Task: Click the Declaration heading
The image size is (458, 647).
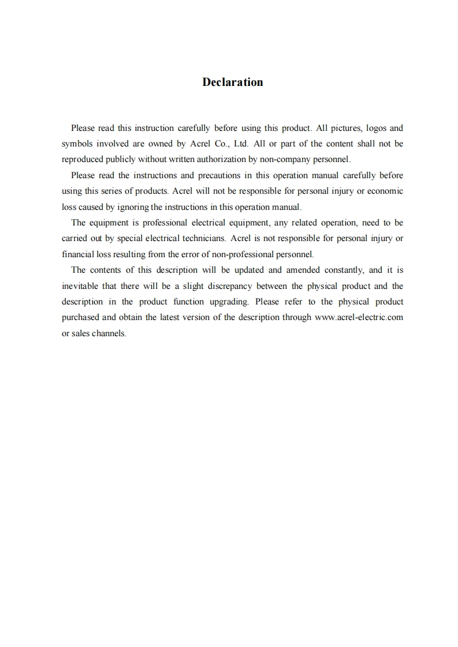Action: [x=232, y=82]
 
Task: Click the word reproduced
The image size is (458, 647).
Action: [x=82, y=159]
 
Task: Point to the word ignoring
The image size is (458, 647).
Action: [x=134, y=206]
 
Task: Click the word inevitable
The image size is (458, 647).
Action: [x=80, y=285]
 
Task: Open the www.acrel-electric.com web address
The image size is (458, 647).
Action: [x=359, y=317]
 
